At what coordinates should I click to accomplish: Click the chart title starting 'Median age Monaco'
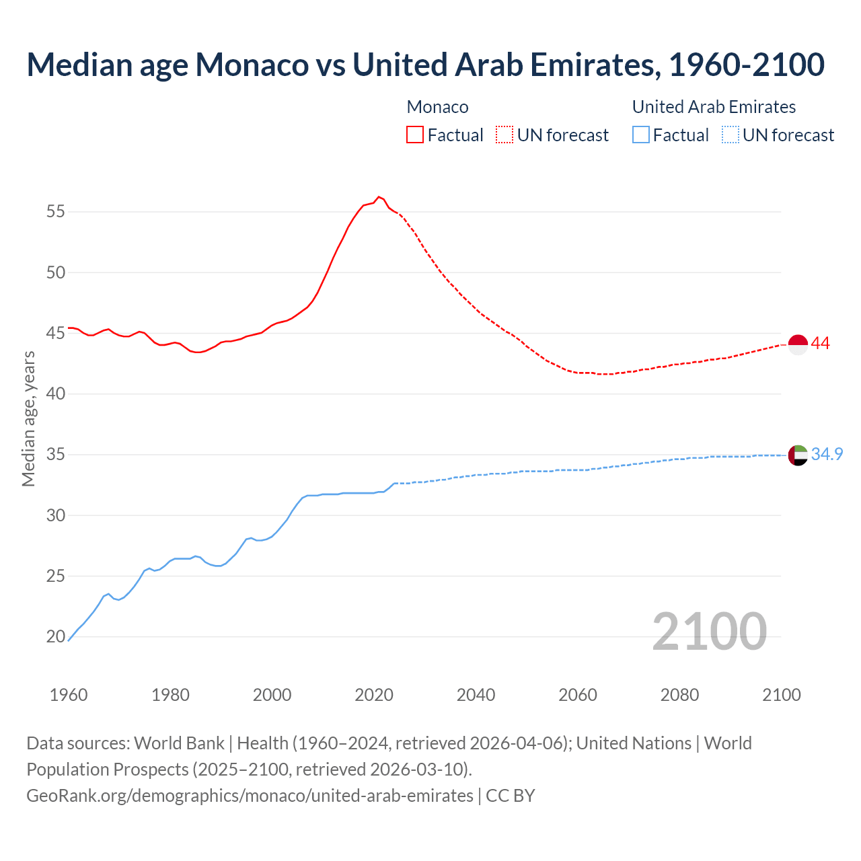click(425, 65)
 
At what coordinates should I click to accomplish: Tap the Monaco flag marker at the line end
click(797, 344)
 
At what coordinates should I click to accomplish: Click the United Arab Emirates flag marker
click(797, 455)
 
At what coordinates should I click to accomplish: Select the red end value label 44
click(820, 344)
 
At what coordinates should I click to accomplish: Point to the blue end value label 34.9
click(827, 455)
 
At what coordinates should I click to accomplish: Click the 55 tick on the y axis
click(56, 212)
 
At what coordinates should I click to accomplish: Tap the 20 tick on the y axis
click(56, 637)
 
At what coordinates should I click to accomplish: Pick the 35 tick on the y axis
click(56, 455)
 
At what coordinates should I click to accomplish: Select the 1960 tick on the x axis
click(69, 695)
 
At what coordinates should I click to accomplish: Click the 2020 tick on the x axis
click(374, 695)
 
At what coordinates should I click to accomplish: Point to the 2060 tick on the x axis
click(578, 695)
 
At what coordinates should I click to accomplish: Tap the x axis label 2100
click(781, 695)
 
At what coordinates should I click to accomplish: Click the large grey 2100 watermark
click(709, 632)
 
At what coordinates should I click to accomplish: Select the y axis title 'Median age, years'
click(28, 418)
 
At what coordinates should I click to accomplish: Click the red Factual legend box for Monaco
click(415, 135)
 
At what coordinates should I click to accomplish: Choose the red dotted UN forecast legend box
click(504, 135)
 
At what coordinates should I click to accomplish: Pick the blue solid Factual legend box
click(641, 135)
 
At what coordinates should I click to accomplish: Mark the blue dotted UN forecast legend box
click(731, 135)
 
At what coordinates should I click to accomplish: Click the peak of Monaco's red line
click(379, 196)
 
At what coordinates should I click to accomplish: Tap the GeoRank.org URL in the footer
click(250, 796)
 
